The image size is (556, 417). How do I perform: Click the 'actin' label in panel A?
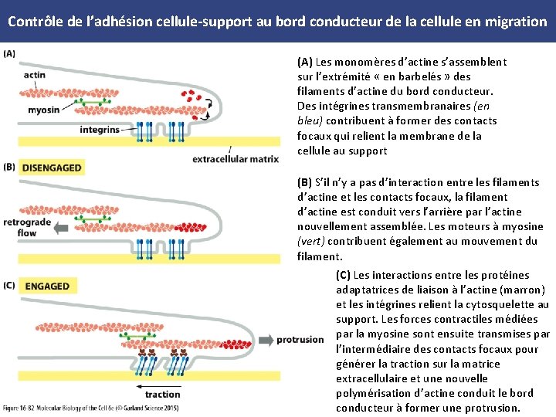(34, 75)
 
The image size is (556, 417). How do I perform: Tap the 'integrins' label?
(100, 130)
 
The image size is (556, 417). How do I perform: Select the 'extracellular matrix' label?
(235, 159)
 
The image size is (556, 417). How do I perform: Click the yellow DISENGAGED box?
(52, 168)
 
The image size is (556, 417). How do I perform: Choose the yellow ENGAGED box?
(47, 286)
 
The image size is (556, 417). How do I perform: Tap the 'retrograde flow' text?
(27, 227)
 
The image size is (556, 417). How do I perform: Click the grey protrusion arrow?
(265, 340)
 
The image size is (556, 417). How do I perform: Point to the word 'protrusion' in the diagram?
(300, 340)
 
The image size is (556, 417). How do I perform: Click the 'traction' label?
(163, 394)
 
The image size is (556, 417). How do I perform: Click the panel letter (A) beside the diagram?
(9, 53)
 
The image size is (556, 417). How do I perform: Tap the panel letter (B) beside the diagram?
(9, 167)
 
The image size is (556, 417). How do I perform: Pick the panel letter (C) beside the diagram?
(9, 285)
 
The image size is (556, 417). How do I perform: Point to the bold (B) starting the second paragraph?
(305, 182)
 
